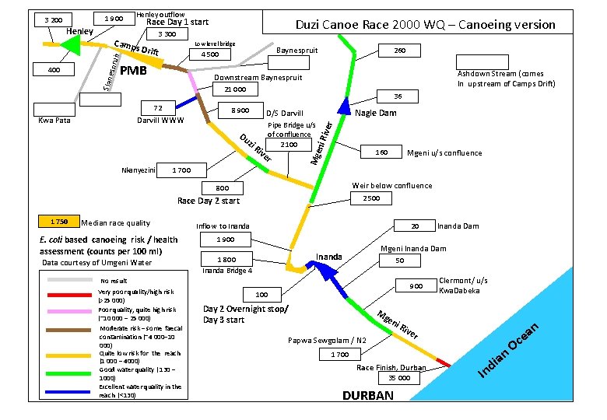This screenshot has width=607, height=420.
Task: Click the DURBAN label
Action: coord(368,396)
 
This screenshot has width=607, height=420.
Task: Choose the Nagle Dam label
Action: coord(375,114)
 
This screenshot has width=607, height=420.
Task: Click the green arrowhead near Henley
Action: coord(70,45)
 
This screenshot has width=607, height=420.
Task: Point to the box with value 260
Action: coord(399,51)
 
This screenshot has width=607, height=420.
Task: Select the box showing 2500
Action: coord(371,199)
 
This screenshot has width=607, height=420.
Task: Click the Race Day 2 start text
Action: coord(209,201)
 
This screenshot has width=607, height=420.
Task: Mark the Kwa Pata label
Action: coord(54,121)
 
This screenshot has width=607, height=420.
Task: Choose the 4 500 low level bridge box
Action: coord(210,55)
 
